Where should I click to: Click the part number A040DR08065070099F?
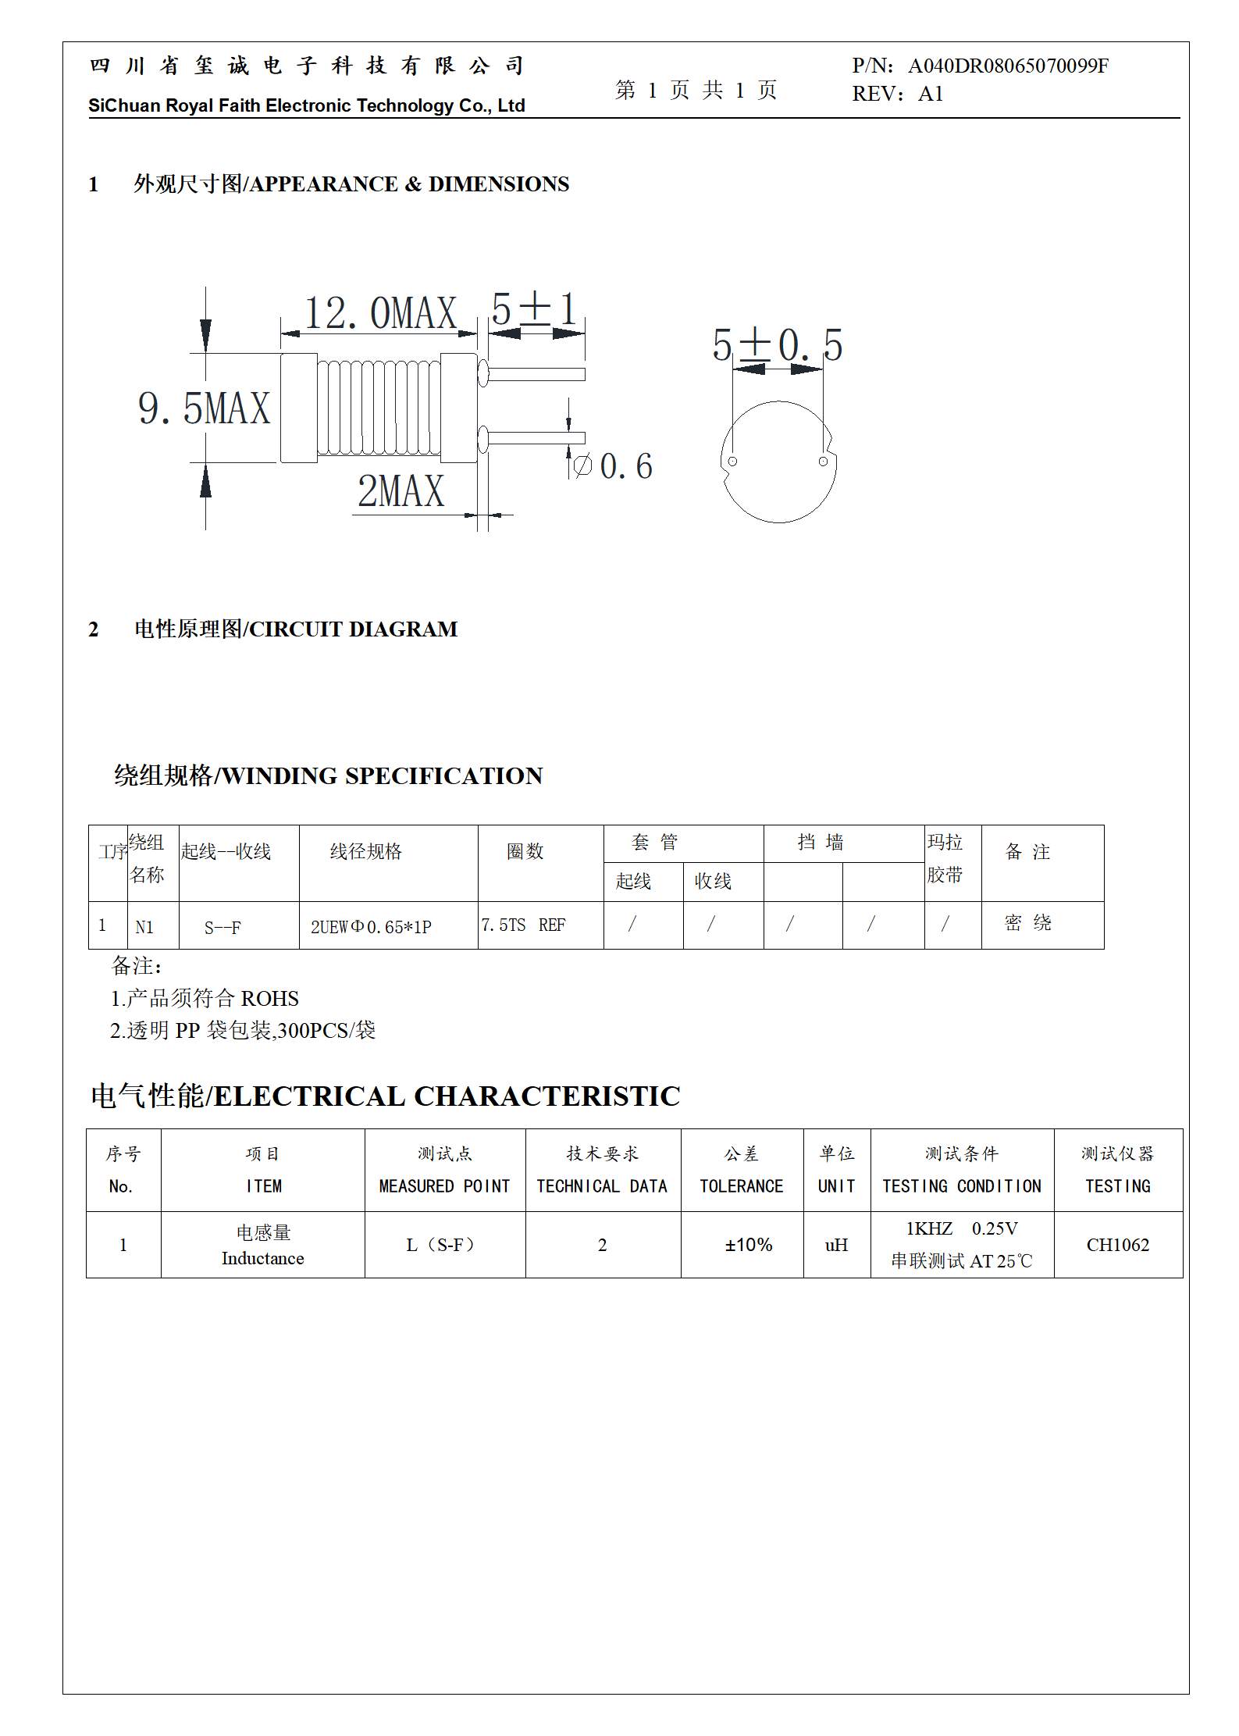click(1007, 66)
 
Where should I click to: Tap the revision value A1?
click(931, 94)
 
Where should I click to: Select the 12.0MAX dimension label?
click(380, 313)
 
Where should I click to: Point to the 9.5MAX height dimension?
click(204, 408)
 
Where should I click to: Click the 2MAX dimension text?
click(401, 491)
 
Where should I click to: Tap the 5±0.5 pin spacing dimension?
click(777, 345)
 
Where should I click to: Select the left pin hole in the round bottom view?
click(732, 462)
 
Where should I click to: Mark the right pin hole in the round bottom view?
click(823, 462)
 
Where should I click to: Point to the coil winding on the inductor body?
click(379, 407)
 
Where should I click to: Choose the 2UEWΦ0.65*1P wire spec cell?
click(371, 927)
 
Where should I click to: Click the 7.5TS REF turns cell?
click(523, 925)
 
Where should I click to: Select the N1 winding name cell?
click(144, 927)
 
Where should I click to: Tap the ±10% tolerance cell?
click(748, 1245)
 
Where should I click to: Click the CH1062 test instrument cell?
click(1117, 1245)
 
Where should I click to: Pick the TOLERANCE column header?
click(741, 1186)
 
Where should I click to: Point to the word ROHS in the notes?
click(270, 999)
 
